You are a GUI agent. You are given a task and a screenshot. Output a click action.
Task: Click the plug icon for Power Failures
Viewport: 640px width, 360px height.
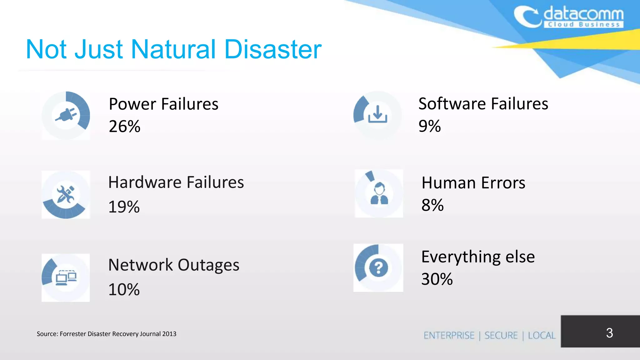(x=66, y=115)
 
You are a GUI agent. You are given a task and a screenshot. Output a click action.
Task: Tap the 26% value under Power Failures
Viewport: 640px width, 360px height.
(x=124, y=127)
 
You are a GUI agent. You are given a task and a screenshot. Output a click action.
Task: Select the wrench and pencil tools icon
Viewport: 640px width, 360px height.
(x=66, y=194)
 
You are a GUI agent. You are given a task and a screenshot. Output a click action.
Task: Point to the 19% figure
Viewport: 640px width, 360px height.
(x=124, y=207)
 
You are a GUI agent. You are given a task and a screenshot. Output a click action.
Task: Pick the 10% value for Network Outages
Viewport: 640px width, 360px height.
(x=124, y=289)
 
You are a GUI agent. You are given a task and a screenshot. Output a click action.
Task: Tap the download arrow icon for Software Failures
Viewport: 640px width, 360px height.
(x=377, y=114)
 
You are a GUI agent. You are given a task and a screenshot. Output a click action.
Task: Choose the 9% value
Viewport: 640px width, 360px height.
(x=429, y=126)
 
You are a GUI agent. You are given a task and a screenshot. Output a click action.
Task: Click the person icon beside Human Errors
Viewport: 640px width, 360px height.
(x=379, y=193)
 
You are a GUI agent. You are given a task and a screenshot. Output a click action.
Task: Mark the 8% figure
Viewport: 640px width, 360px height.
(x=432, y=205)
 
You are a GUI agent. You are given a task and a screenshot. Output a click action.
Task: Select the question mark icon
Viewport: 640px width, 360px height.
(x=378, y=268)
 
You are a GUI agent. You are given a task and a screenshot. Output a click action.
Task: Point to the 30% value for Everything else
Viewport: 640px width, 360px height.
(x=437, y=279)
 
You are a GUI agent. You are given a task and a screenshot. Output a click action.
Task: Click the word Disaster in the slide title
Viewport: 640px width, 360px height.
(x=273, y=49)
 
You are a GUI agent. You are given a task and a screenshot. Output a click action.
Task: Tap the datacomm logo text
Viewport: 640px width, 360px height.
(x=583, y=14)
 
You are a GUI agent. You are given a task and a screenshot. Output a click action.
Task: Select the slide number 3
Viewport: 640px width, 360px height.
(x=609, y=333)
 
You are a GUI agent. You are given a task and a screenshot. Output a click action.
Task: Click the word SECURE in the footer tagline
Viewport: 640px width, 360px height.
(x=501, y=335)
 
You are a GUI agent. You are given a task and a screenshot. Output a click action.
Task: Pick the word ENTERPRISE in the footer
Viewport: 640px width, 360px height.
(x=449, y=335)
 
